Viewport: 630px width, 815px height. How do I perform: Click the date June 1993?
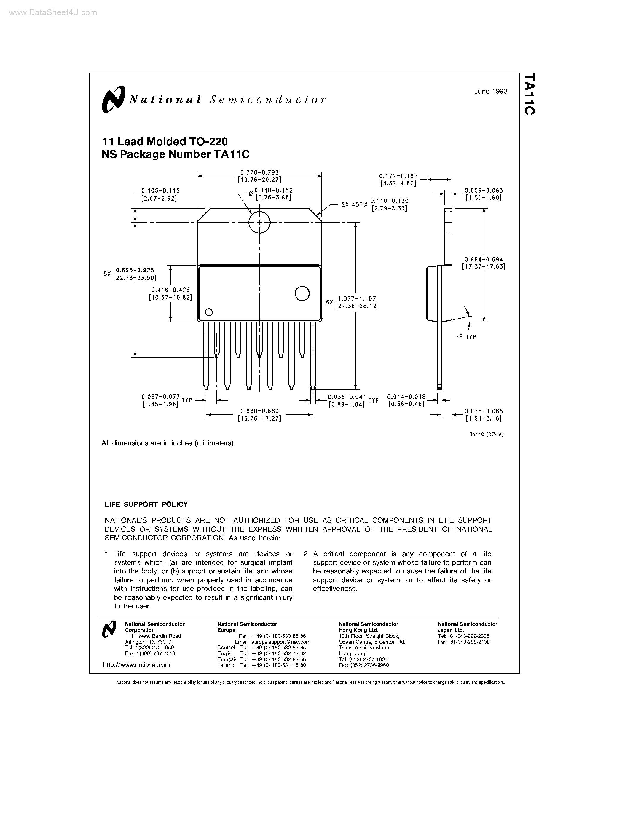[x=490, y=91]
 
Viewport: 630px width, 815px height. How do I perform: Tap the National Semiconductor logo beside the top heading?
[x=113, y=99]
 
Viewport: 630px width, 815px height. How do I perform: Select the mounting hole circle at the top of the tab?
[x=259, y=222]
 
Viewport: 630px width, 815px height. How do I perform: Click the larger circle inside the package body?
[x=302, y=294]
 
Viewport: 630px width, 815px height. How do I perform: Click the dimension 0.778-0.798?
[x=259, y=172]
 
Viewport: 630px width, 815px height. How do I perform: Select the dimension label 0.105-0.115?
[x=160, y=191]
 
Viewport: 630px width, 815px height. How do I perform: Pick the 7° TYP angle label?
[x=465, y=337]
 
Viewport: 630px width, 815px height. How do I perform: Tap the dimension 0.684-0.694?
[x=483, y=259]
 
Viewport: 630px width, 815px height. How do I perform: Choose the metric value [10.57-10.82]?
[x=170, y=298]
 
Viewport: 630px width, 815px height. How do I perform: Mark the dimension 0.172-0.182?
[x=398, y=176]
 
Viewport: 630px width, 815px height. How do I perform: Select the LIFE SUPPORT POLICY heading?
[x=146, y=504]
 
